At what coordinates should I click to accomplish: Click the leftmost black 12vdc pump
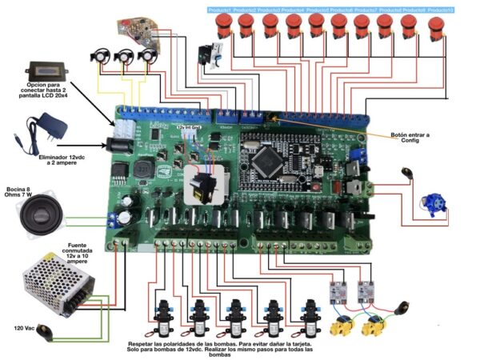click(166, 313)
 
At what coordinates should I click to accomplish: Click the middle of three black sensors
click(124, 58)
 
